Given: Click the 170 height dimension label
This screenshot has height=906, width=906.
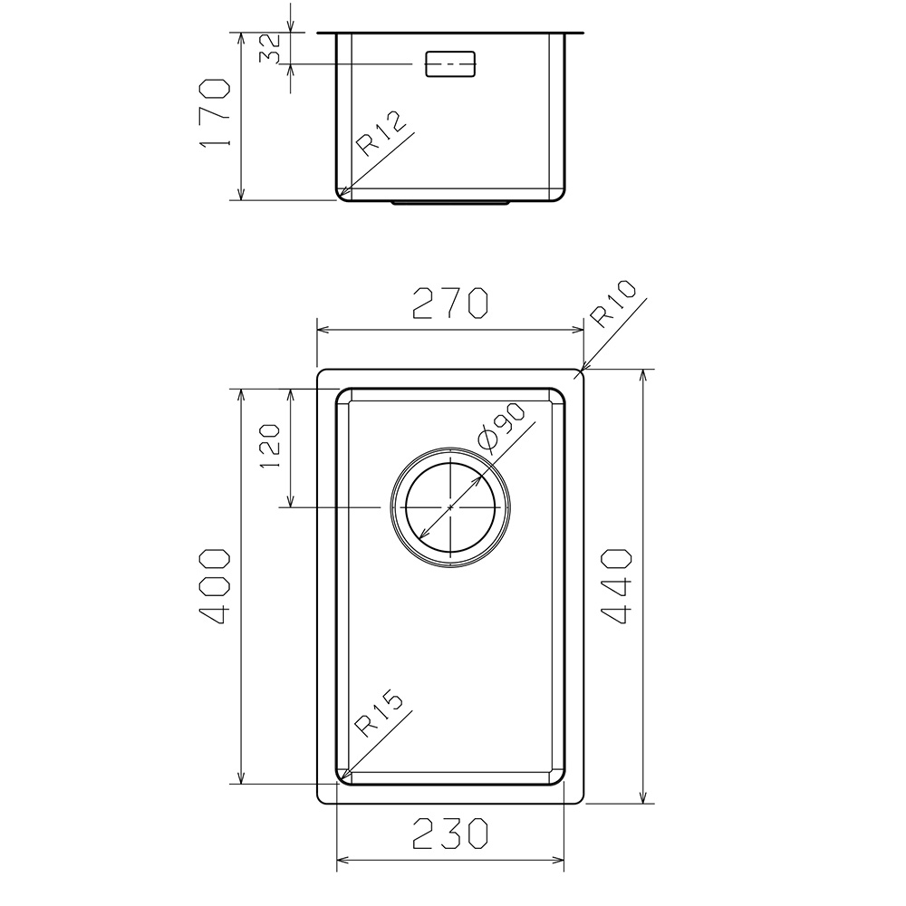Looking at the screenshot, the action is coord(215,112).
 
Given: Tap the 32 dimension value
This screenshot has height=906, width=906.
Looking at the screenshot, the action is coord(270,49).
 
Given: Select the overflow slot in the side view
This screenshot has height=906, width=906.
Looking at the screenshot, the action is coord(450,63).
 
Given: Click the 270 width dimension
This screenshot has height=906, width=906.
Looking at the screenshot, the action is coord(450,304).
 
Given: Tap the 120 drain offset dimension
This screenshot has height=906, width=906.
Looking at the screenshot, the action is coord(270,447).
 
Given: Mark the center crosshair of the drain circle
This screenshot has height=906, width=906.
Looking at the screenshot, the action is coord(450,506).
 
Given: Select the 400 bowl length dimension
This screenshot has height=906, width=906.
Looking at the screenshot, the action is coord(215,586).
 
